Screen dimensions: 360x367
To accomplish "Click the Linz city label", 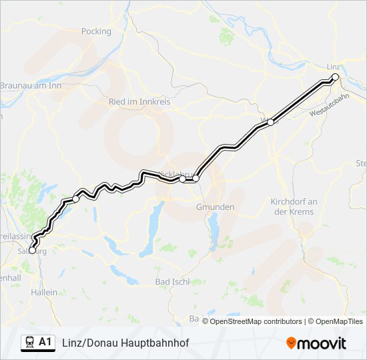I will tap(334, 67).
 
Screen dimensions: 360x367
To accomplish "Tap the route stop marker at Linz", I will tap(336, 77).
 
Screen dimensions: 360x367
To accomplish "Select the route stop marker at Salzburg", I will tap(32, 251).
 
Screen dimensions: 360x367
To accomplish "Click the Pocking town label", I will tap(96, 31).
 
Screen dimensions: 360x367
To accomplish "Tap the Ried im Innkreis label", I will tap(140, 102).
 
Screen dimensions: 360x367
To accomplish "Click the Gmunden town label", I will tap(215, 207).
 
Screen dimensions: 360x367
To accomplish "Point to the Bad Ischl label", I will tap(172, 282).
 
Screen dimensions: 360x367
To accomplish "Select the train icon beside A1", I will tap(30, 342).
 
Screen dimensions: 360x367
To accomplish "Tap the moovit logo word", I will tap(322, 343).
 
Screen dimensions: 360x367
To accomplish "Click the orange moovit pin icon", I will tap(291, 343).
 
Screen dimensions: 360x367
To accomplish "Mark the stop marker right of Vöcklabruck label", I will tap(196, 179).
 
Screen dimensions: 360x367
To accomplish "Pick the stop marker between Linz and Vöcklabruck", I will tap(271, 121).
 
